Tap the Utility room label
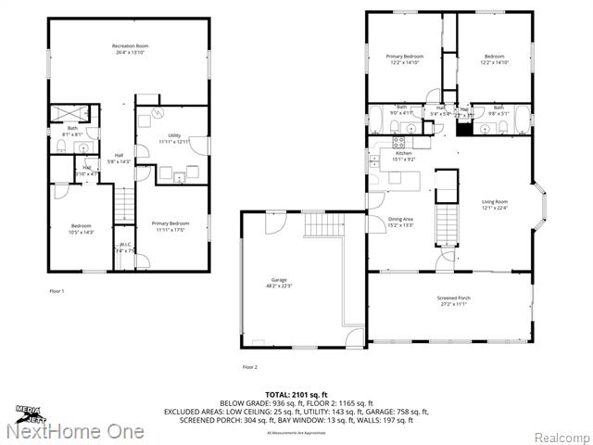point(173,137)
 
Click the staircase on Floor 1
point(124,203)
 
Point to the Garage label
point(279,282)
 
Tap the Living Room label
point(494,204)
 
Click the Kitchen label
point(404,155)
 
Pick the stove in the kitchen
point(400,143)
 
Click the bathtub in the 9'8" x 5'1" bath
point(522,119)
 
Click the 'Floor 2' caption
point(249,367)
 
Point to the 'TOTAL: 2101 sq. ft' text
point(296,395)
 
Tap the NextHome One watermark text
point(74,432)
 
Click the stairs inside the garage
point(325,223)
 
